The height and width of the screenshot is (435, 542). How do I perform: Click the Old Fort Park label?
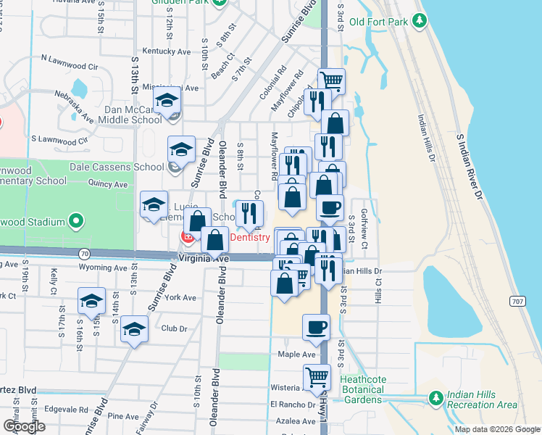tap(378, 22)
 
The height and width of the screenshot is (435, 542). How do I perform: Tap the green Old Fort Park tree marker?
tap(419, 22)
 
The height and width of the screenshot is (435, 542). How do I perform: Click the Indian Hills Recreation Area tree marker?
tap(435, 398)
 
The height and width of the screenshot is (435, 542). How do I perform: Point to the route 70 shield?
tap(86, 254)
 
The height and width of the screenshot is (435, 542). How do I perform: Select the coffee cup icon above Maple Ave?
tap(316, 327)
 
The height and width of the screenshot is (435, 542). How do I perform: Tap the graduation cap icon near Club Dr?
tap(134, 330)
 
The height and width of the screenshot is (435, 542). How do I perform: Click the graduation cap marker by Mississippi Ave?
tap(167, 102)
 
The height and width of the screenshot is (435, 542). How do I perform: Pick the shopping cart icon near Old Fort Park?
tap(331, 80)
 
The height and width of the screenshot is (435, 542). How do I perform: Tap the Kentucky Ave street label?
tap(166, 51)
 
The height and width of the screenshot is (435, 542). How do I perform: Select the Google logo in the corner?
tap(25, 426)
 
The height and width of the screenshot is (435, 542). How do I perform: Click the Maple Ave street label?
tap(296, 355)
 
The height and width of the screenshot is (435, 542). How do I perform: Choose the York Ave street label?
tap(180, 297)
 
